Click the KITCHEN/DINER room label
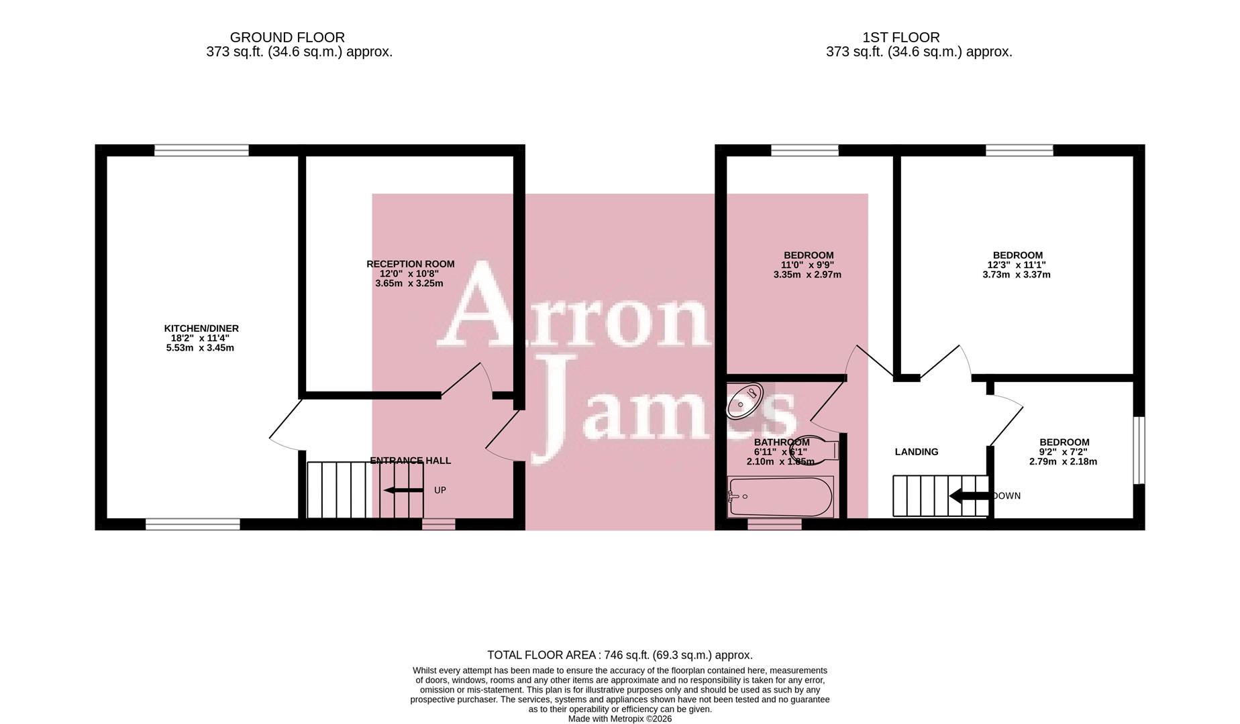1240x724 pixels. pos(201,328)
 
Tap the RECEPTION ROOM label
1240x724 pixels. pos(410,264)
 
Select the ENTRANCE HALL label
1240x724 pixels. pos(410,461)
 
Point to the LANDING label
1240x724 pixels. pos(916,452)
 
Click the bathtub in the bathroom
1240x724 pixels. pos(780,497)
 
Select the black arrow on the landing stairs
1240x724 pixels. pos(969,497)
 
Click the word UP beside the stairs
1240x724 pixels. pos(440,491)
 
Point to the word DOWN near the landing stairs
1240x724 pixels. pos(1006,496)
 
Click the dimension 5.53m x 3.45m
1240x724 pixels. pos(200,348)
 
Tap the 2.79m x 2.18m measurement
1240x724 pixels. pos(1063,461)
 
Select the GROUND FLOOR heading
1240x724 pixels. pos(287,38)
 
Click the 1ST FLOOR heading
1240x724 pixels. pos(900,38)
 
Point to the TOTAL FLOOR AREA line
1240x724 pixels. pos(619,655)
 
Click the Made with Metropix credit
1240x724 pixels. pos(619,719)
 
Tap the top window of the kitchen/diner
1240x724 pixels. pos(201,150)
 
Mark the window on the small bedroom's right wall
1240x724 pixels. pos(1139,450)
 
